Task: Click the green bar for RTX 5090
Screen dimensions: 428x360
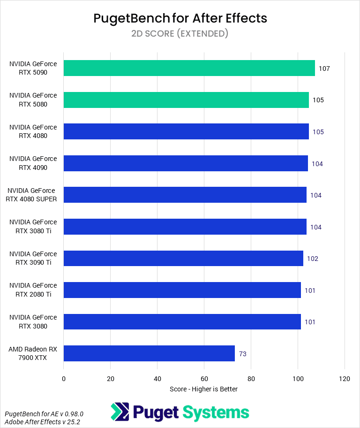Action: (189, 68)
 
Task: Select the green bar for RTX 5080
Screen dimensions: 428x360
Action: (186, 100)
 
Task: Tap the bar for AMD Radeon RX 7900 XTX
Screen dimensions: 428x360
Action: (149, 353)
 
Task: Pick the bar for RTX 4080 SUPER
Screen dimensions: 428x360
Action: (185, 195)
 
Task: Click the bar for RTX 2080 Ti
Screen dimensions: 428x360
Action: (182, 290)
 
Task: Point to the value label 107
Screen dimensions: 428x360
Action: (324, 69)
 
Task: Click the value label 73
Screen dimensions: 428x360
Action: (243, 354)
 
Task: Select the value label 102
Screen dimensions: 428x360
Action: (313, 259)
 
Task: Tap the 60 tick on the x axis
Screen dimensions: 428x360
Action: (204, 379)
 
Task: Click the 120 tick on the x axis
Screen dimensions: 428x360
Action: (345, 379)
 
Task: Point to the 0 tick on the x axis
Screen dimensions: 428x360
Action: (64, 379)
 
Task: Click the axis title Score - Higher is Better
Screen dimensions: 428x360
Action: (203, 389)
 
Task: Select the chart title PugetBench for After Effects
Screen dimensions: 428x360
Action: (180, 18)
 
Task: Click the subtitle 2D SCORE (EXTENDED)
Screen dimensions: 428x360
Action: (180, 34)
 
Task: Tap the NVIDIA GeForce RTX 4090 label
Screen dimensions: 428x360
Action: (33, 163)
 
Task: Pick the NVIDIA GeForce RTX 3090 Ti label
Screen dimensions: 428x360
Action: (33, 258)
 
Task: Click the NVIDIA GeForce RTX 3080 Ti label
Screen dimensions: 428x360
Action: (33, 226)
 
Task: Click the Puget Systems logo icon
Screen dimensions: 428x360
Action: (120, 412)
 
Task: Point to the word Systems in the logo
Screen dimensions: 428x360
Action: (215, 413)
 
